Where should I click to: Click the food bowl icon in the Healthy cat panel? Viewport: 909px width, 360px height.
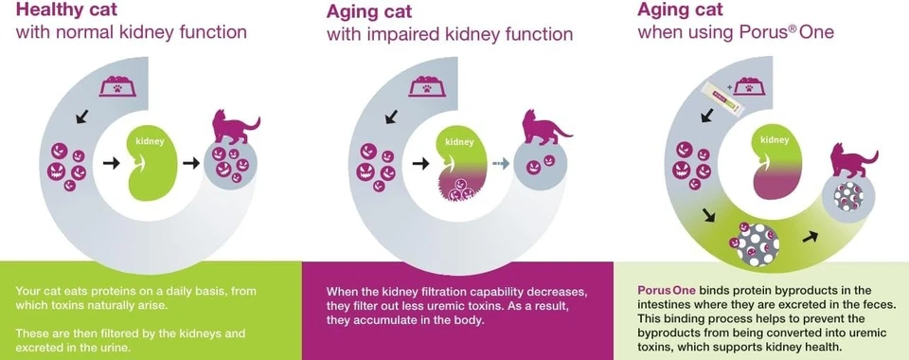(117, 86)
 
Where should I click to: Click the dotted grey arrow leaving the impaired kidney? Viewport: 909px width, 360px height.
(501, 164)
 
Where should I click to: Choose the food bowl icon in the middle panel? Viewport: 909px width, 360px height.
(427, 86)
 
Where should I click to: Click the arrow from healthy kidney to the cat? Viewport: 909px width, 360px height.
(190, 164)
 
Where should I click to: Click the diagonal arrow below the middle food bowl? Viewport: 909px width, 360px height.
(392, 117)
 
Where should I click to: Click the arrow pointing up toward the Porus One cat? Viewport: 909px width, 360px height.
(811, 237)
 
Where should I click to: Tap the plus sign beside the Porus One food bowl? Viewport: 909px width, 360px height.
(729, 87)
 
